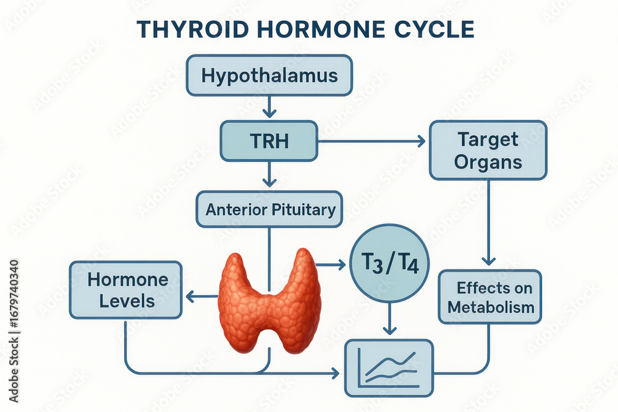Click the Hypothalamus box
tap(269, 75)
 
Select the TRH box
tap(269, 141)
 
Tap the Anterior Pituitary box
tap(269, 209)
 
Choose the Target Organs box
tap(488, 151)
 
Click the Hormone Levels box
tap(125, 290)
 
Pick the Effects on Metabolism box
tap(490, 297)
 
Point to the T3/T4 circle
tap(389, 264)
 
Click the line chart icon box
tap(389, 368)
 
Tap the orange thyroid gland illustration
tap(269, 301)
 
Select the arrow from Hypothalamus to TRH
tap(269, 107)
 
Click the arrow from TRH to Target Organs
tap(372, 141)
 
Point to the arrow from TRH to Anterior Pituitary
tap(269, 174)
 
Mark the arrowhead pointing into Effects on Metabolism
tap(489, 260)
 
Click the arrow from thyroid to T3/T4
tap(331, 264)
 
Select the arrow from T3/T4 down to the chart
tap(389, 319)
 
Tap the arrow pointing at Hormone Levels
tap(201, 296)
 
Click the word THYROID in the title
tap(193, 30)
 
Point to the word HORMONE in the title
tap(321, 30)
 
